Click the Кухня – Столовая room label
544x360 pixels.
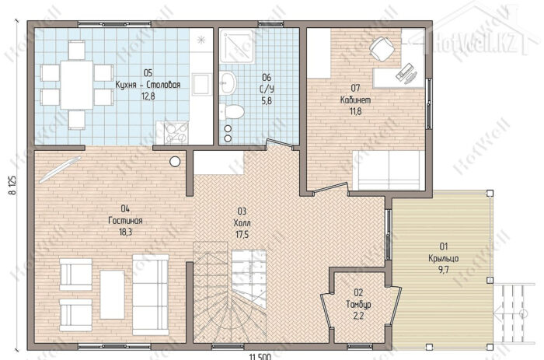[148, 85]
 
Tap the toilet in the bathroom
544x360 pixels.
[232, 111]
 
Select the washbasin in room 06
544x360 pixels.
[228, 82]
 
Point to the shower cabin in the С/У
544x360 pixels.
[237, 46]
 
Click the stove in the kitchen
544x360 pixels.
[176, 132]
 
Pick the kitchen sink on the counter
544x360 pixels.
[202, 84]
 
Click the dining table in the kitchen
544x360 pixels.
[77, 85]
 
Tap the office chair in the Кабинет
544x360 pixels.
[382, 49]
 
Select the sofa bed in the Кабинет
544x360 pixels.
[389, 170]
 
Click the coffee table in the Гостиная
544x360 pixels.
[112, 295]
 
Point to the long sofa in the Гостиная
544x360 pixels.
[151, 295]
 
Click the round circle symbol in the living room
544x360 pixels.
[175, 162]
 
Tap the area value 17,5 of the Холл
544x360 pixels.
[242, 235]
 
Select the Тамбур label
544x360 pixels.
[358, 305]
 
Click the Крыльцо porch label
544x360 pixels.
[444, 258]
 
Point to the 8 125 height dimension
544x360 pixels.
[12, 186]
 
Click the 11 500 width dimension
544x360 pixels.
[260, 357]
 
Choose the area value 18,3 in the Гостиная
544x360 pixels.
[125, 232]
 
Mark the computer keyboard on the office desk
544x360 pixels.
[405, 72]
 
